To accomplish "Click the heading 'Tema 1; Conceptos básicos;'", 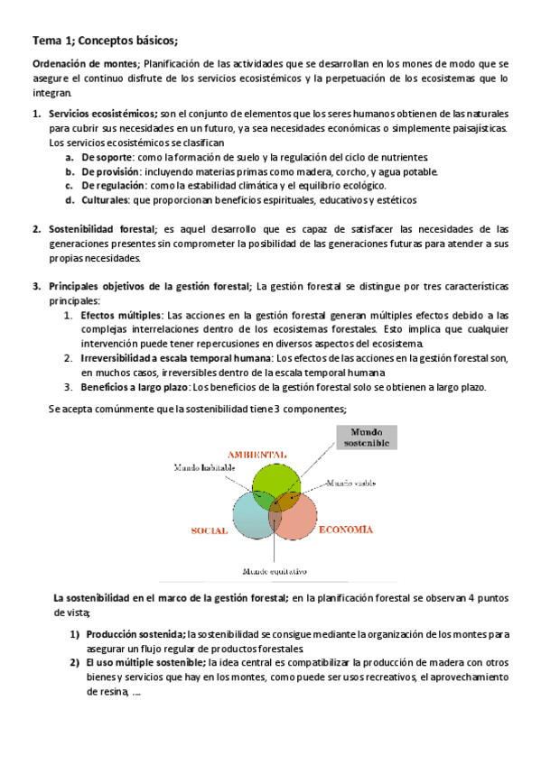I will (105, 41).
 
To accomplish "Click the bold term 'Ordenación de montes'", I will (85, 64).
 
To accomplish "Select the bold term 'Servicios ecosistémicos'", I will (101, 115).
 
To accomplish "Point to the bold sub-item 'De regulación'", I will (112, 186).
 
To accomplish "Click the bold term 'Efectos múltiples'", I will (121, 315).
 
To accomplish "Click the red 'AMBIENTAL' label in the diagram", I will (257, 454).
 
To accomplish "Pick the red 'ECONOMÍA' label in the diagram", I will (345, 530).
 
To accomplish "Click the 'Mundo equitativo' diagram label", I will (275, 571).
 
